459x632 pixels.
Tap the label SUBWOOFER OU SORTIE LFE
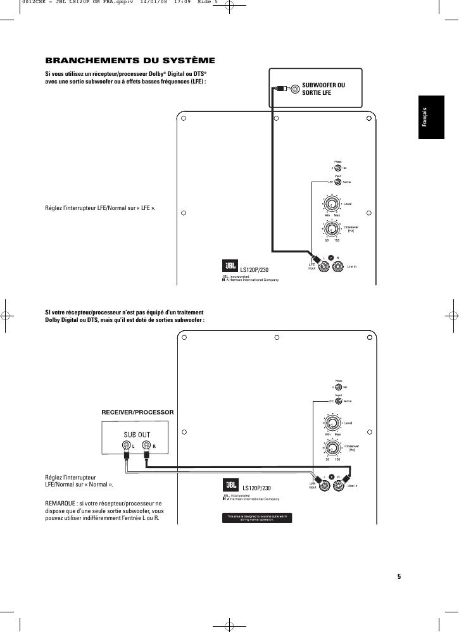click(324, 89)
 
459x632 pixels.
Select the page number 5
click(399, 576)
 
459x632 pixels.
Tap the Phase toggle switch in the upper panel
click(338, 168)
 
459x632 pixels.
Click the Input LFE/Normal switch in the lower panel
click(338, 400)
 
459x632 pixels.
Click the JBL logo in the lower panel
click(229, 485)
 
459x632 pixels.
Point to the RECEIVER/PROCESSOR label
click(137, 412)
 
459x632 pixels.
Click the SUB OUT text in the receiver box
click(136, 435)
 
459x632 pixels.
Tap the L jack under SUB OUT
click(127, 446)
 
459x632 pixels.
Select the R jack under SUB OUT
click(146, 446)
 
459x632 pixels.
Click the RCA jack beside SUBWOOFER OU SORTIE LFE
click(295, 89)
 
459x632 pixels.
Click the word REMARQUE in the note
click(60, 504)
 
